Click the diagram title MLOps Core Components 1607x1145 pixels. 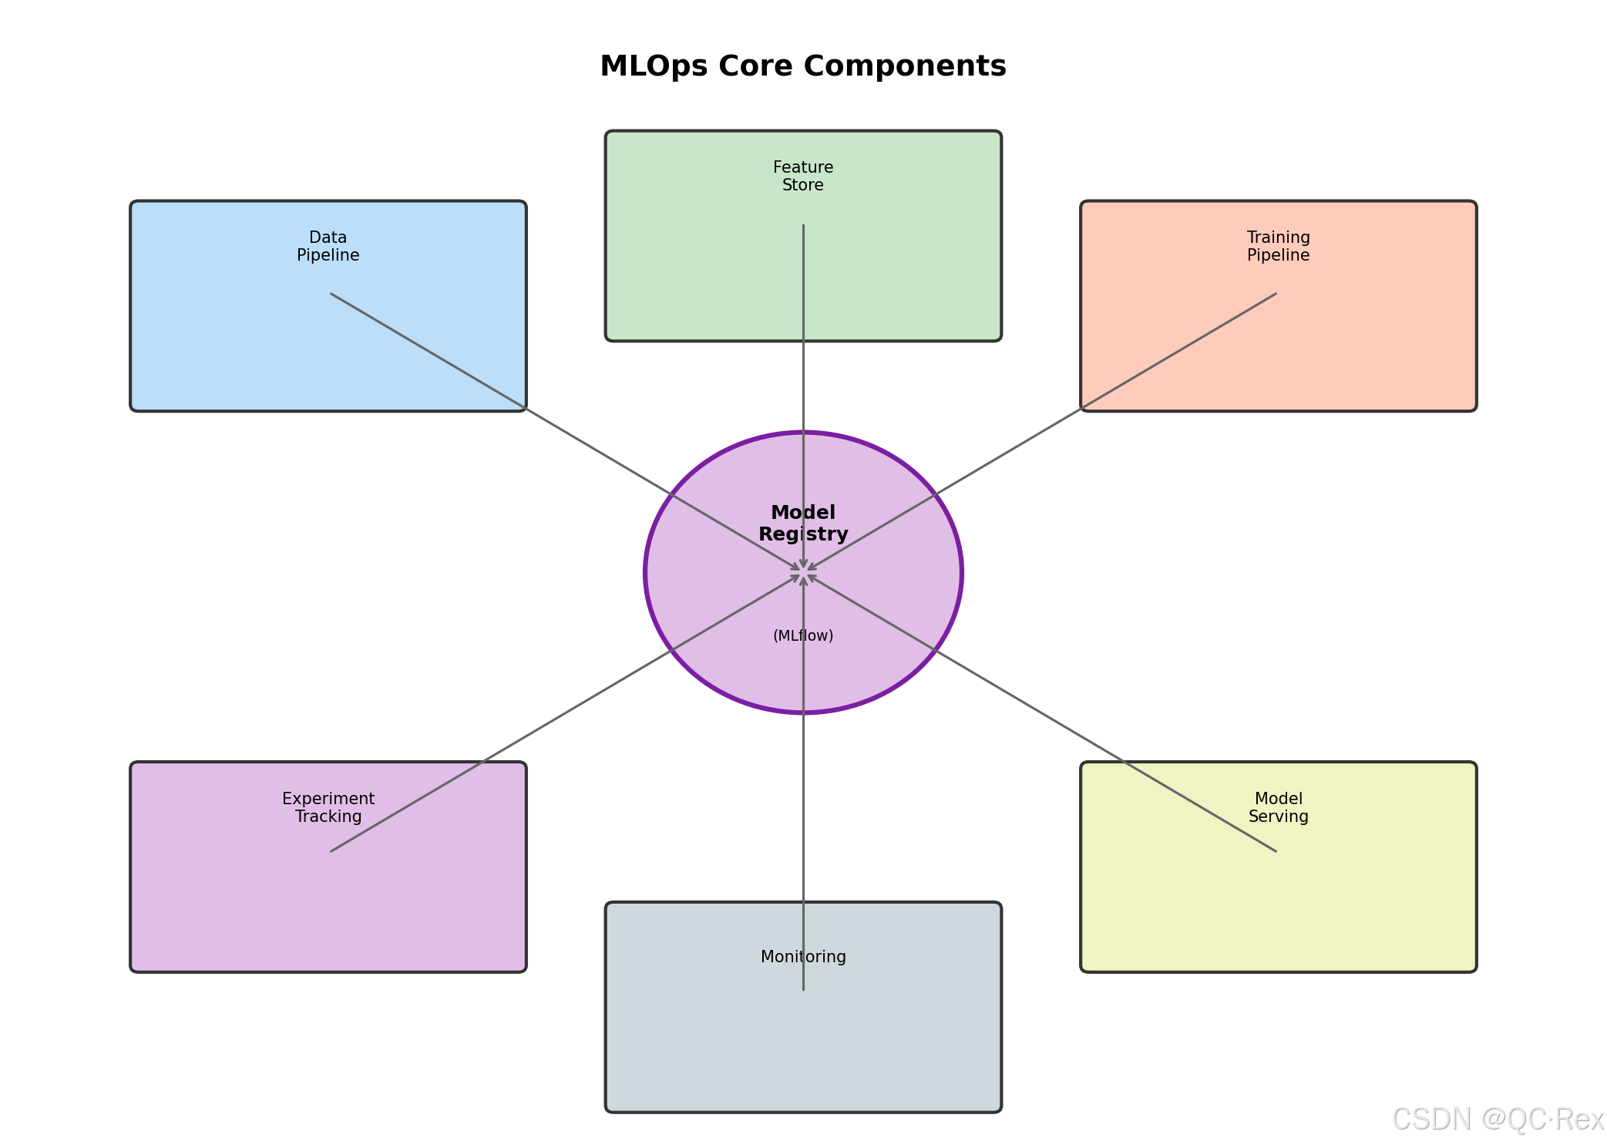[x=802, y=66]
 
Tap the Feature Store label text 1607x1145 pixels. [x=803, y=177]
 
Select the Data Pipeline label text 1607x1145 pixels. [x=328, y=247]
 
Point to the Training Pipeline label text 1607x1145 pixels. [x=1278, y=247]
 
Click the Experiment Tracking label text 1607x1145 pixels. [x=328, y=807]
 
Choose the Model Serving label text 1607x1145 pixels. [x=1278, y=807]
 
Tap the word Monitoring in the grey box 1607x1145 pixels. [x=803, y=957]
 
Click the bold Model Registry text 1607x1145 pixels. [x=803, y=524]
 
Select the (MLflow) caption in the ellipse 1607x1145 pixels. [x=803, y=636]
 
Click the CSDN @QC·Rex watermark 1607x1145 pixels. [x=1497, y=1120]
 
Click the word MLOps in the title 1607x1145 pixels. [x=654, y=66]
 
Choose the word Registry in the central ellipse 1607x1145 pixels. [x=803, y=534]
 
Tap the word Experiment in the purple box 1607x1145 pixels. [x=328, y=799]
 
